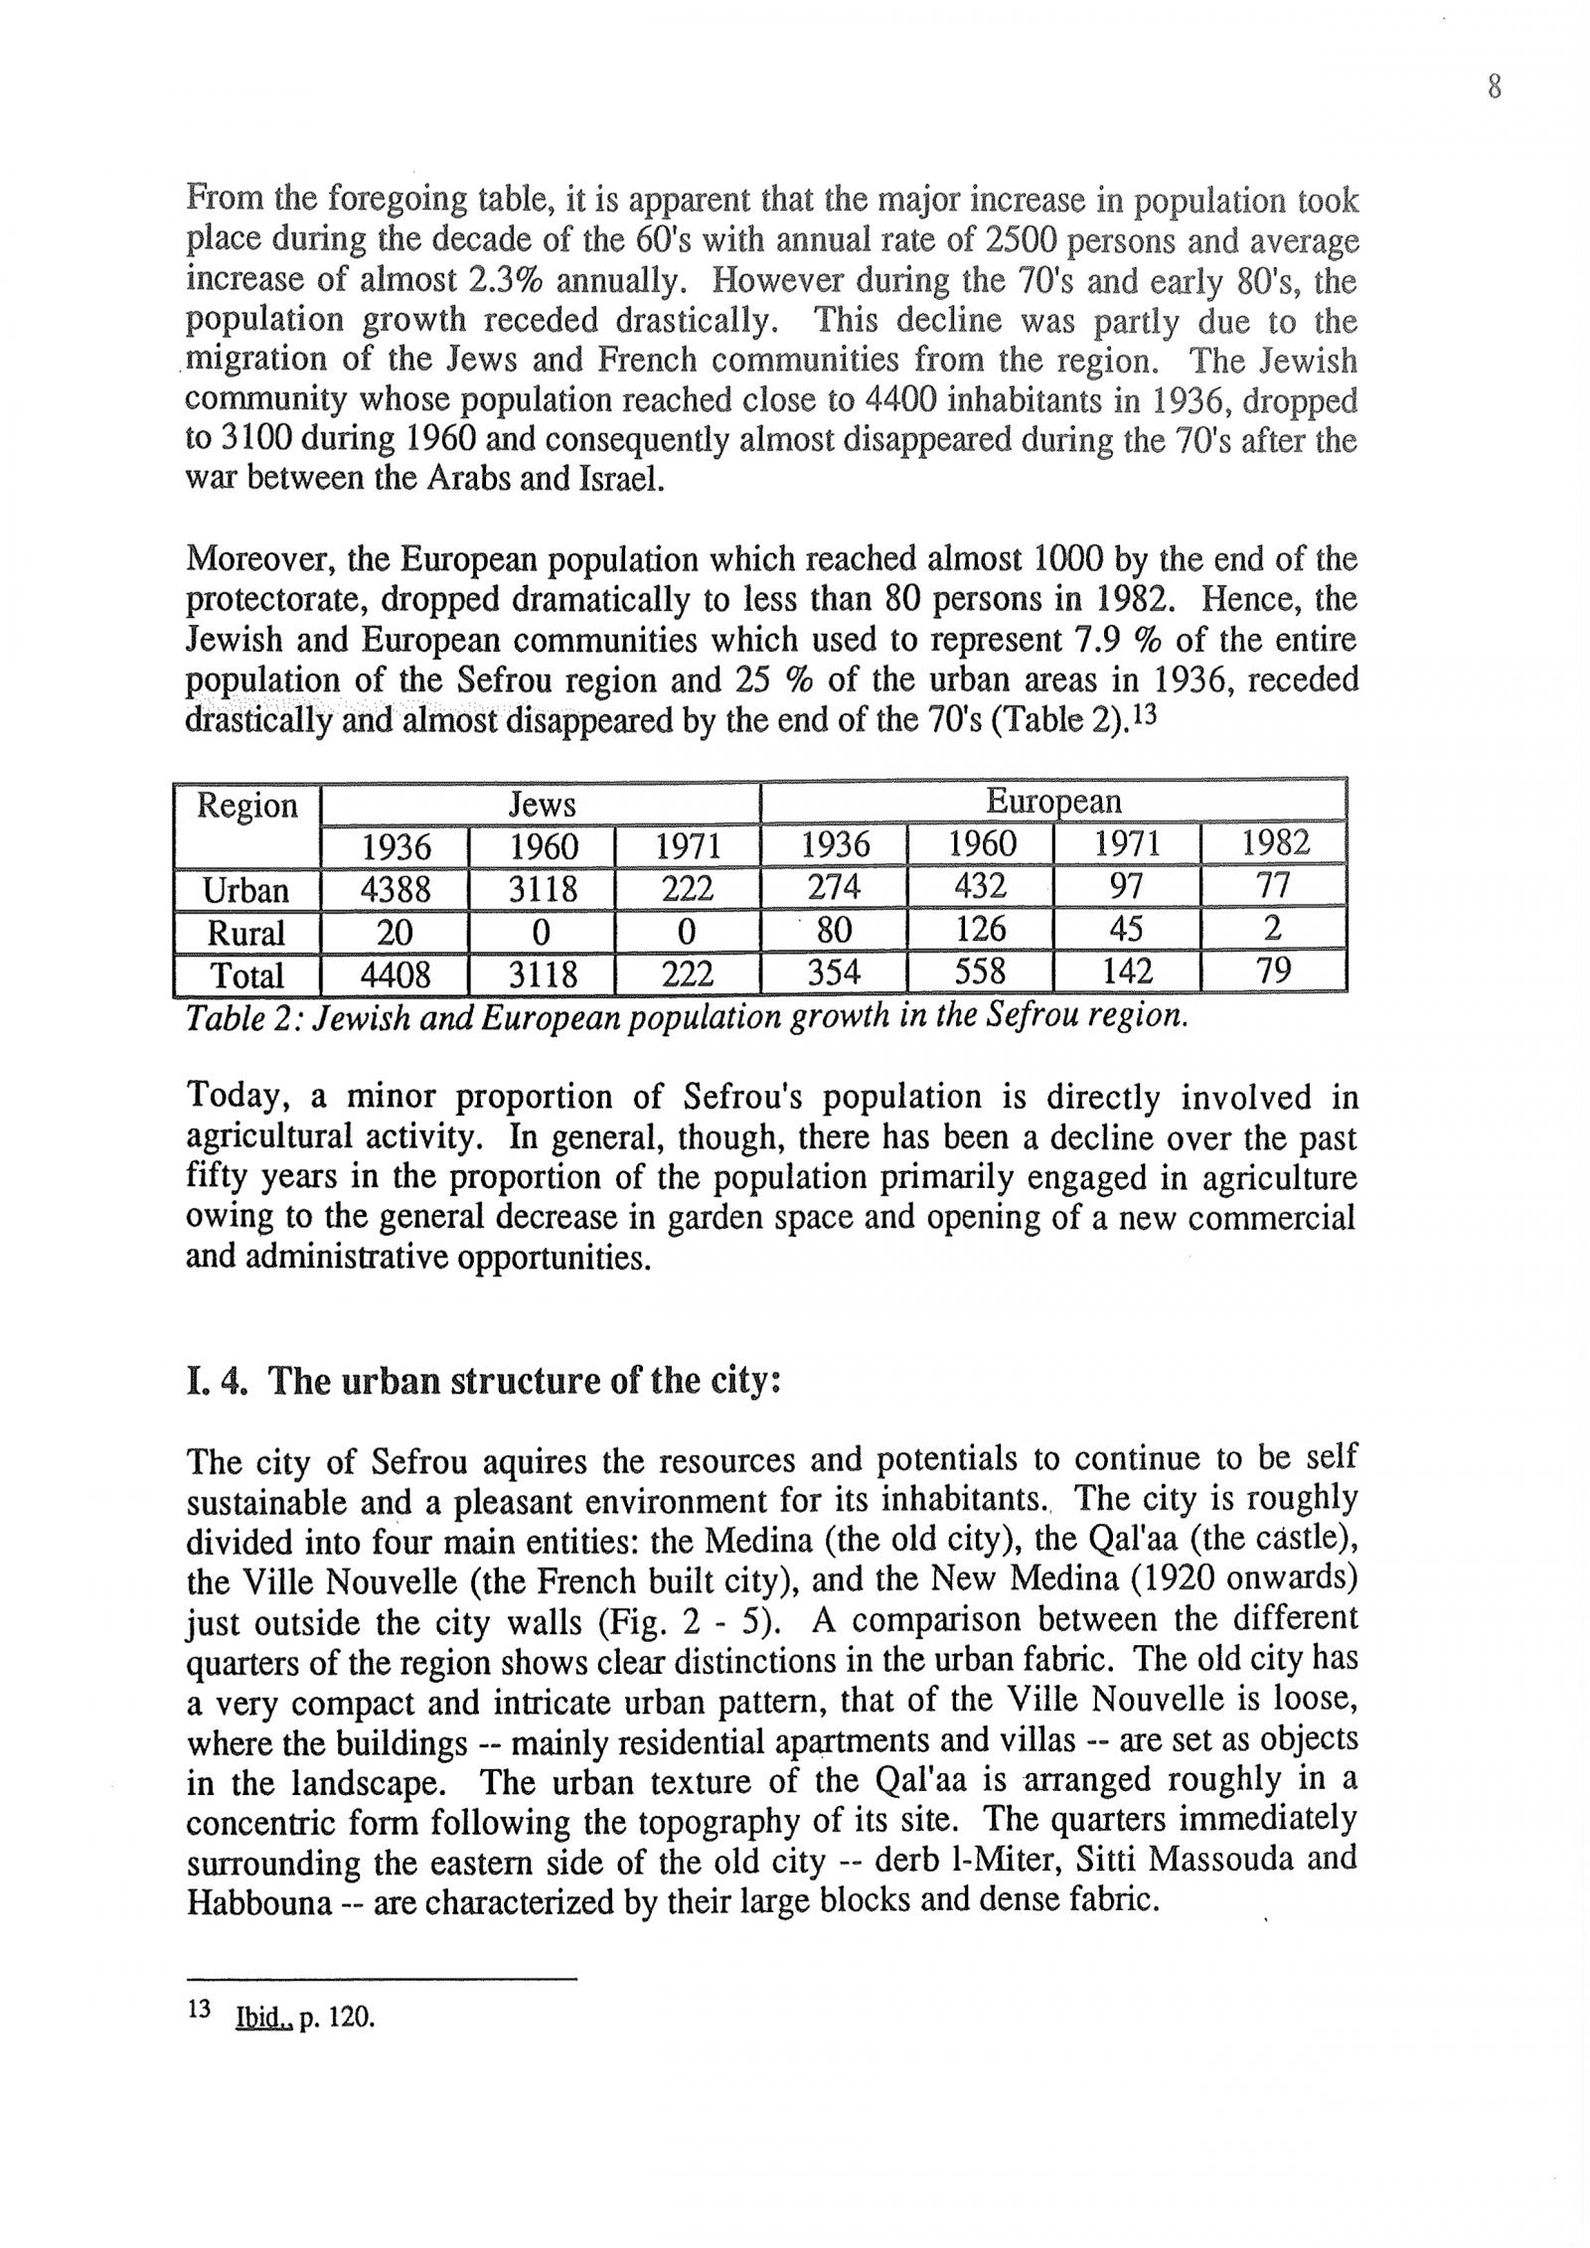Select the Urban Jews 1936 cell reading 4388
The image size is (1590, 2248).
pos(396,888)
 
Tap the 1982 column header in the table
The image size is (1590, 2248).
pos(1275,844)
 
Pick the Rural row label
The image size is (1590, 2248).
pos(245,932)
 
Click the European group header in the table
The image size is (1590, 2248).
pos(1052,802)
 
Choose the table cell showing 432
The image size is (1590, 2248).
pos(980,886)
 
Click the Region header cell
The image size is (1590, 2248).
pos(247,805)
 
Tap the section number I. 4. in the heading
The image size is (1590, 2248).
pos(217,1382)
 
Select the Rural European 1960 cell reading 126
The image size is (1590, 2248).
pos(980,930)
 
